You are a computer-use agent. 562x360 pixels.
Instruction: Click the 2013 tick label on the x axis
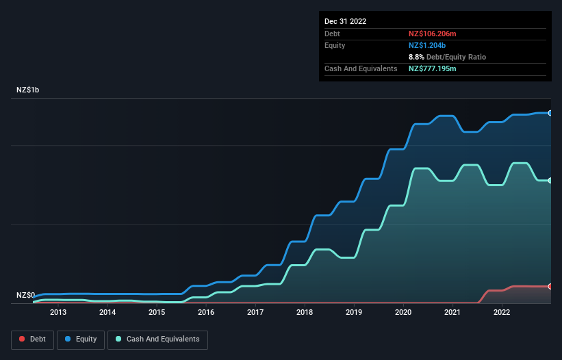[x=58, y=313]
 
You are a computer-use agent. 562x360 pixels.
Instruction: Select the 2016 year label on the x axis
[x=206, y=313]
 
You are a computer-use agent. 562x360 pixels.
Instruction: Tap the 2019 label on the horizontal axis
[x=354, y=313]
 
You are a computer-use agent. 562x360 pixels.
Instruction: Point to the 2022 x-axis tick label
[x=502, y=313]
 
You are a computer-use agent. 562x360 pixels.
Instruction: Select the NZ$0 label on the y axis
[x=26, y=296]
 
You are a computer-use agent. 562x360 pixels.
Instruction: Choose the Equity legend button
[x=81, y=339]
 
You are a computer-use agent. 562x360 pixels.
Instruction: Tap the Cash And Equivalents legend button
[x=157, y=339]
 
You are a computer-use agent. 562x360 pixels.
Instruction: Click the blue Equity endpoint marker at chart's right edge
[x=550, y=113]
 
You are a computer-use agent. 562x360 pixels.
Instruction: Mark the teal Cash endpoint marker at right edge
[x=550, y=180]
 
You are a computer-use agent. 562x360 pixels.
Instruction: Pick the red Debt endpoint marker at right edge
[x=550, y=286]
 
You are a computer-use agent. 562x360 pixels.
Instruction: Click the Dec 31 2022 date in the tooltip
[x=345, y=21]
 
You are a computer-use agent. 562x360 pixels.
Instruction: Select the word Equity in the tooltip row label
[x=335, y=45]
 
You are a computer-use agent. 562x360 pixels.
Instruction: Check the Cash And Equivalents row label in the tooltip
[x=361, y=69]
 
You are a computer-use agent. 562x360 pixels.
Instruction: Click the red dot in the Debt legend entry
[x=23, y=339]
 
